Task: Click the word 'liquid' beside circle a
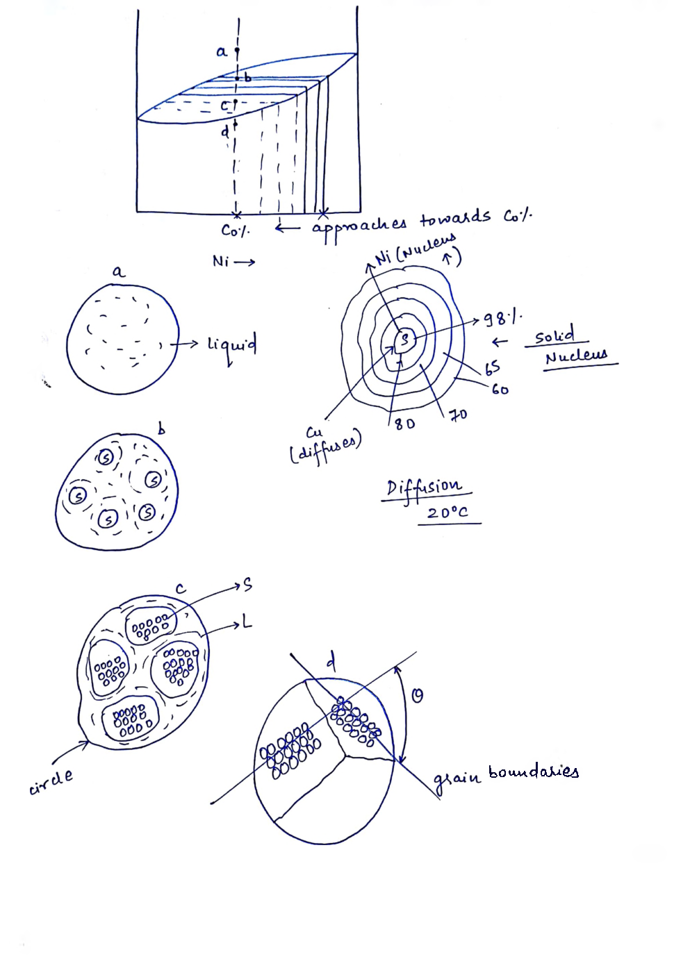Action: pos(231,345)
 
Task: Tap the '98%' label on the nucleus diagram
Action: pos(502,319)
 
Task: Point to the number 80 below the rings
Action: pos(404,423)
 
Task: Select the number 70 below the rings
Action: pos(457,415)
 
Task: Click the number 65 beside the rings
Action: pos(492,366)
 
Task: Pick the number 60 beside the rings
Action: pos(500,390)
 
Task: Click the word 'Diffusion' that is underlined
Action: pos(423,486)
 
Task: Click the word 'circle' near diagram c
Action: pos(51,783)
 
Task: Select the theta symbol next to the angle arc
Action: pos(417,695)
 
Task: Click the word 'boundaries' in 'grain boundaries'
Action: pos(533,772)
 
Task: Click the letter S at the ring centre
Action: pos(404,339)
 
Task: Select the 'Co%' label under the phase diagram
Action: pos(235,230)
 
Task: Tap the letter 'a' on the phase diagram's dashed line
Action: pos(222,51)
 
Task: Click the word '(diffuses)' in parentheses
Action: pos(325,449)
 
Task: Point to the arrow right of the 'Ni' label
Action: pos(245,262)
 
